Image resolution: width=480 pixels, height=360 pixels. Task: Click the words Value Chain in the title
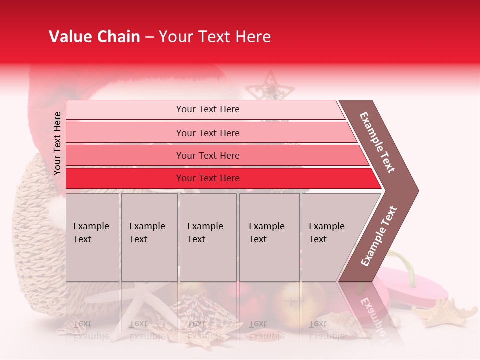94,37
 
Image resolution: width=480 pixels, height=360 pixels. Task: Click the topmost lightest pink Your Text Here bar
208,109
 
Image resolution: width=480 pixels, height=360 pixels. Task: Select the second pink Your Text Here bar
208,133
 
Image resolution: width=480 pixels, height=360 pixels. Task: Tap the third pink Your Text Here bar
208,155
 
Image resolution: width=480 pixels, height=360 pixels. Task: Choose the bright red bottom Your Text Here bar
208,178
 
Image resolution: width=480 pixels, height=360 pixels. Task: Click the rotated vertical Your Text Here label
57,143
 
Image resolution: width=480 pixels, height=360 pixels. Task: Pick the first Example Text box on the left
92,237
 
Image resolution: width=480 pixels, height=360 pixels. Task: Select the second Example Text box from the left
149,237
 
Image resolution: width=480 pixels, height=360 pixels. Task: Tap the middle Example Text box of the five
208,237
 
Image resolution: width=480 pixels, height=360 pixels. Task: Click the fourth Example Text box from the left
269,237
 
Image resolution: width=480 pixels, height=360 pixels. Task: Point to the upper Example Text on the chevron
377,142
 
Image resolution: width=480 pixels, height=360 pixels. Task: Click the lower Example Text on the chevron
379,236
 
